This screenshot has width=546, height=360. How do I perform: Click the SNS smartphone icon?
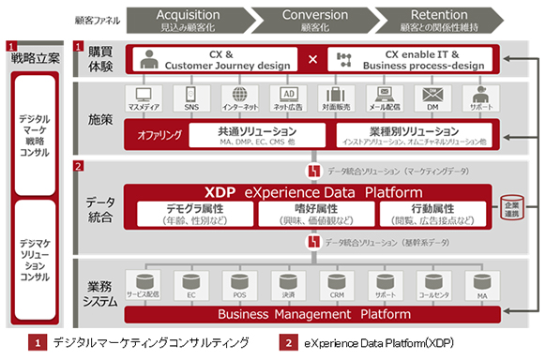click(190, 96)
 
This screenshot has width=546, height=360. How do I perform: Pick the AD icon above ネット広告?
click(290, 96)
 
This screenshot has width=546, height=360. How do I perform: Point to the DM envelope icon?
click(432, 96)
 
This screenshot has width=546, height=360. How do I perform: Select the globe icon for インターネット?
click(239, 96)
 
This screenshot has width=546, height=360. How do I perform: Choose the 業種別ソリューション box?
click(411, 135)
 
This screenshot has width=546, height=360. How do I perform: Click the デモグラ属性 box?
click(195, 214)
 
